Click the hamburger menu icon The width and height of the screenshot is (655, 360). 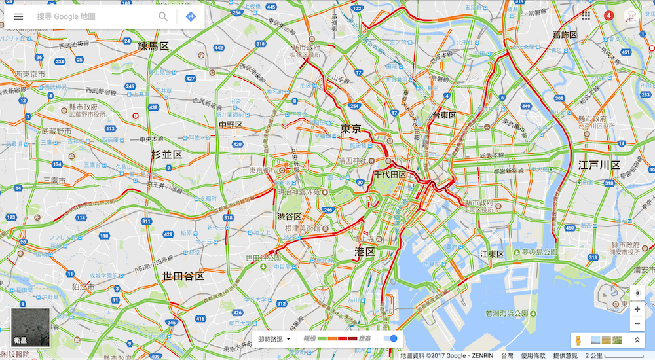[x=18, y=16]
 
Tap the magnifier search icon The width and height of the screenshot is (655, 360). [x=163, y=16]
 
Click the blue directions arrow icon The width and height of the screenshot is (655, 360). [x=191, y=16]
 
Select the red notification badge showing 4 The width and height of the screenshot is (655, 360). [x=608, y=15]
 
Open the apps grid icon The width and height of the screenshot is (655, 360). [x=586, y=15]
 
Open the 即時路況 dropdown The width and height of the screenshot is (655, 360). [x=274, y=339]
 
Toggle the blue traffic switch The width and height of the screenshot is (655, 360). [x=391, y=338]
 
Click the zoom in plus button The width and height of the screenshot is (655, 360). [x=637, y=309]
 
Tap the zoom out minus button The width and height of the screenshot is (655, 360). [x=637, y=323]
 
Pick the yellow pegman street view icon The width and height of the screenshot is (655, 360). [x=577, y=340]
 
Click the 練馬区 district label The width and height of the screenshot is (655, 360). [x=153, y=46]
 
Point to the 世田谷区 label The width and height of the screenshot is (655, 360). [x=183, y=276]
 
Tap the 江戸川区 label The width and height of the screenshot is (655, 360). [x=599, y=165]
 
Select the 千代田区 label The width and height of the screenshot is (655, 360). [x=390, y=175]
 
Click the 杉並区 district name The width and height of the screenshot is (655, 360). [x=166, y=154]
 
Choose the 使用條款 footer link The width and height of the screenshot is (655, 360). [x=534, y=355]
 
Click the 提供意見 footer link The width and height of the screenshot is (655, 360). [x=565, y=355]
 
